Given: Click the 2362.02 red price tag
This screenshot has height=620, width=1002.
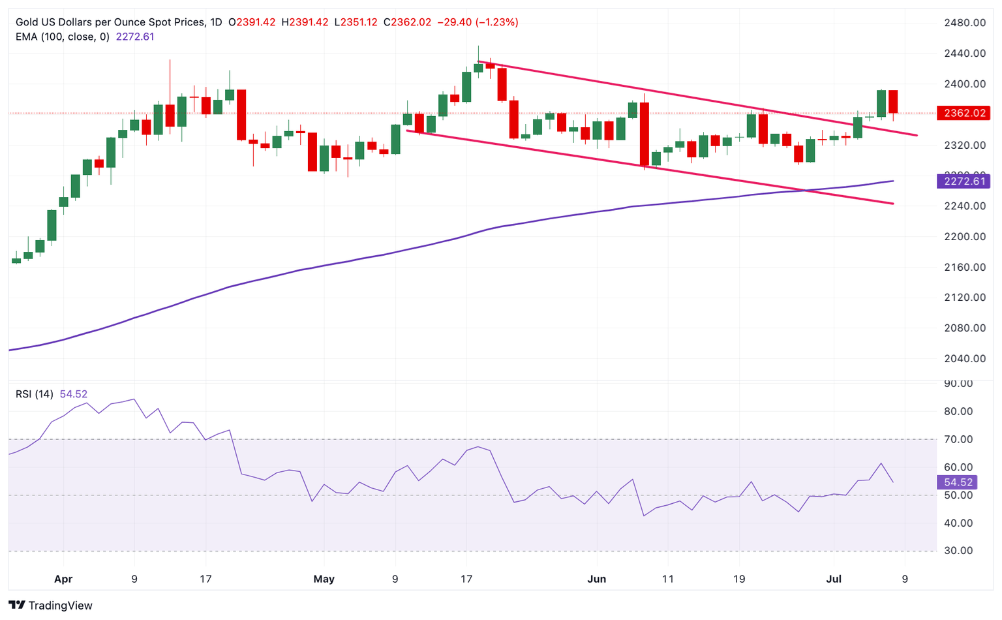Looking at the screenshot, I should click(x=962, y=113).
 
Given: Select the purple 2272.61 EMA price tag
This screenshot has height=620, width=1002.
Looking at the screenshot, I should click(x=962, y=181).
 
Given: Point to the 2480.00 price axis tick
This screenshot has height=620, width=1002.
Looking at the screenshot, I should click(x=965, y=23).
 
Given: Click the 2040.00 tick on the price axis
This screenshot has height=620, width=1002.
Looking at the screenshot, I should click(x=965, y=358).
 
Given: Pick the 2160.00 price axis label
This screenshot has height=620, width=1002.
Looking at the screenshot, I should click(x=965, y=267).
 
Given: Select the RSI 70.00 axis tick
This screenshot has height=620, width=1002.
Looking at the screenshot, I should click(x=958, y=439).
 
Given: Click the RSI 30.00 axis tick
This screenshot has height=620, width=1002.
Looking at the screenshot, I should click(x=958, y=551).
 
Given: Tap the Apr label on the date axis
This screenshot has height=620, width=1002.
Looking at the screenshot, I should click(x=63, y=579).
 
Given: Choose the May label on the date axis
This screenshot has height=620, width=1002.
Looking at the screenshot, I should click(x=324, y=579).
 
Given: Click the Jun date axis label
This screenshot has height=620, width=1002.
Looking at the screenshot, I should click(x=597, y=579).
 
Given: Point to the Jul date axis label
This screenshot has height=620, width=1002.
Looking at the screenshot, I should click(x=834, y=579).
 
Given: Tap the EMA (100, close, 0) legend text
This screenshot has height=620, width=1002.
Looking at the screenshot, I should click(x=63, y=37).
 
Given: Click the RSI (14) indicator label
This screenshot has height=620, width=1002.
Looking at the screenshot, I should click(x=35, y=394).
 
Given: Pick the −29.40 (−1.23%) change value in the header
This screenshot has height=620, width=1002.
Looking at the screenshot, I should click(x=478, y=22).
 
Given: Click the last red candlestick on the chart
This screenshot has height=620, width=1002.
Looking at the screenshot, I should click(x=893, y=102).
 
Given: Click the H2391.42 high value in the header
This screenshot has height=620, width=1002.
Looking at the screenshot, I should click(x=305, y=22).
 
